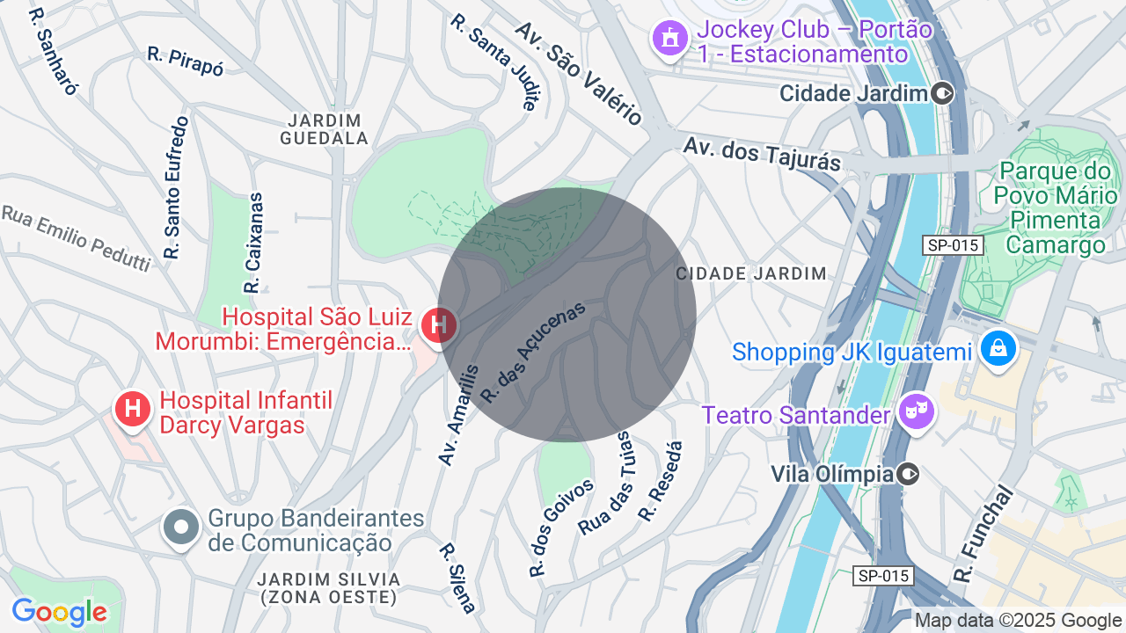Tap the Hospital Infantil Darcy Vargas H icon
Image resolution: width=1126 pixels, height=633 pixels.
(x=133, y=409)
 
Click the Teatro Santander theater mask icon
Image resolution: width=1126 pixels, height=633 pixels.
(x=917, y=411)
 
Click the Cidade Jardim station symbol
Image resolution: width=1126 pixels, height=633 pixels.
(x=942, y=93)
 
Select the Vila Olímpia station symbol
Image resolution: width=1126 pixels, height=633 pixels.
(x=908, y=475)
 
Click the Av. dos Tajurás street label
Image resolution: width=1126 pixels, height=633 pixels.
(x=762, y=154)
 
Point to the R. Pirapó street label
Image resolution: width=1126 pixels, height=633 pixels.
(x=186, y=62)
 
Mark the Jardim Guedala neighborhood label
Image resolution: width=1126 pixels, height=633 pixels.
(x=324, y=129)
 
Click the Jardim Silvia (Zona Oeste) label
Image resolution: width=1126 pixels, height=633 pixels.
(x=329, y=588)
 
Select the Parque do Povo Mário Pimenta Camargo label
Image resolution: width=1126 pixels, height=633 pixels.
(x=1056, y=207)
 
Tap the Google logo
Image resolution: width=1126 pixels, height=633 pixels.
(x=59, y=612)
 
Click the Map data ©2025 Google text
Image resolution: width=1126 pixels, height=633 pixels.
(x=1018, y=620)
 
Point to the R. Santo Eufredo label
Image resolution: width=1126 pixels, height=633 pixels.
(x=176, y=188)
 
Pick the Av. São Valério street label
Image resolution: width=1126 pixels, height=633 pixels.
(x=579, y=73)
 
